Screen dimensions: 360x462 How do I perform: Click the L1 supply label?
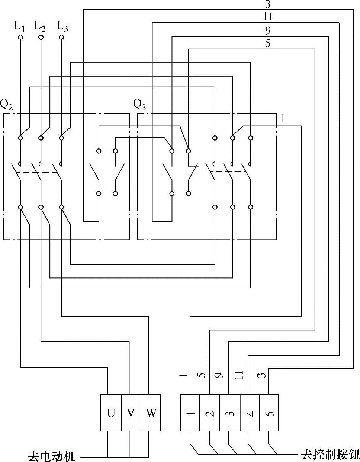pyautogui.click(x=20, y=26)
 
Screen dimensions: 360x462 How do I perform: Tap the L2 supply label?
pyautogui.click(x=40, y=26)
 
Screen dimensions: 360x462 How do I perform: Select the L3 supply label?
pyautogui.click(x=62, y=26)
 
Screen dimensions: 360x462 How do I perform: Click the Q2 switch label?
pyautogui.click(x=7, y=105)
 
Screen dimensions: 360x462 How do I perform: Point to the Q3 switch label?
pyautogui.click(x=139, y=105)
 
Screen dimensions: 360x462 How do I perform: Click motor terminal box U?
pyautogui.click(x=111, y=413)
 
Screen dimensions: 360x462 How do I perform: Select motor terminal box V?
pyautogui.click(x=131, y=413)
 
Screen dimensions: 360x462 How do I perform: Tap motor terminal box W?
pyautogui.click(x=151, y=413)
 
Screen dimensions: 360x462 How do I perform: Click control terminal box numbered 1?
pyautogui.click(x=190, y=413)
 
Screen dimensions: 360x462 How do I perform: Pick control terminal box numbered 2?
pyautogui.click(x=210, y=413)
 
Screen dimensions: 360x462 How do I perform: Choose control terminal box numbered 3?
pyautogui.click(x=229, y=413)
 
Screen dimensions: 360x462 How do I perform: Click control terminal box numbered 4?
pyautogui.click(x=250, y=413)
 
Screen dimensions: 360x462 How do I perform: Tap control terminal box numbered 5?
pyautogui.click(x=269, y=413)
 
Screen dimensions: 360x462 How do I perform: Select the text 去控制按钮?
pyautogui.click(x=330, y=455)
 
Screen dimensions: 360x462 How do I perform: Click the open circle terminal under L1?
pyautogui.click(x=20, y=38)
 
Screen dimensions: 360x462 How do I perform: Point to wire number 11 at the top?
pyautogui.click(x=268, y=17)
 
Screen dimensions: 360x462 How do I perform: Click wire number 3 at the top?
pyautogui.click(x=268, y=4)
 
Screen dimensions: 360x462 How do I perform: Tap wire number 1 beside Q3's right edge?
pyautogui.click(x=283, y=119)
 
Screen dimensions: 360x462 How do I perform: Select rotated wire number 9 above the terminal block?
pyautogui.click(x=220, y=375)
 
